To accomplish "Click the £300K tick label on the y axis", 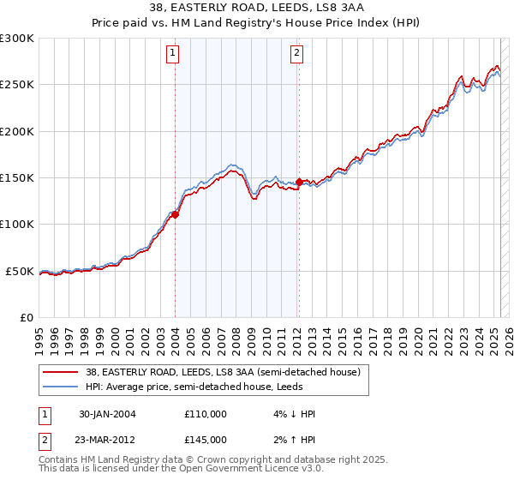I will coord(17,39).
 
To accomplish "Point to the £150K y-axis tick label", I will coord(17,177).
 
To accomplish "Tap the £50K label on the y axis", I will coord(20,271).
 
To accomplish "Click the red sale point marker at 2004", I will coord(175,215).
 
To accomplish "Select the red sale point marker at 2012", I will coord(299,182).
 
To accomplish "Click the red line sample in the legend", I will coord(61,372).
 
